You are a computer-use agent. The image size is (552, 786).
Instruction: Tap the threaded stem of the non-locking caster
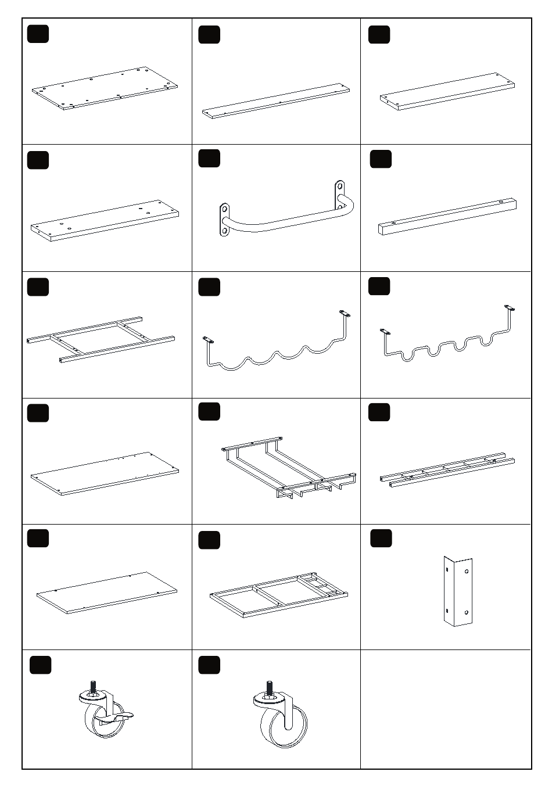tap(268, 687)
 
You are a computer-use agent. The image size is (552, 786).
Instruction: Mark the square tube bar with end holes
tap(447, 216)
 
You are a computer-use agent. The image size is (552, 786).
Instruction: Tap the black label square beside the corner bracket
tap(381, 539)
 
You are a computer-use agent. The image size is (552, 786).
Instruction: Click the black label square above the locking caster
tap(40, 665)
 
